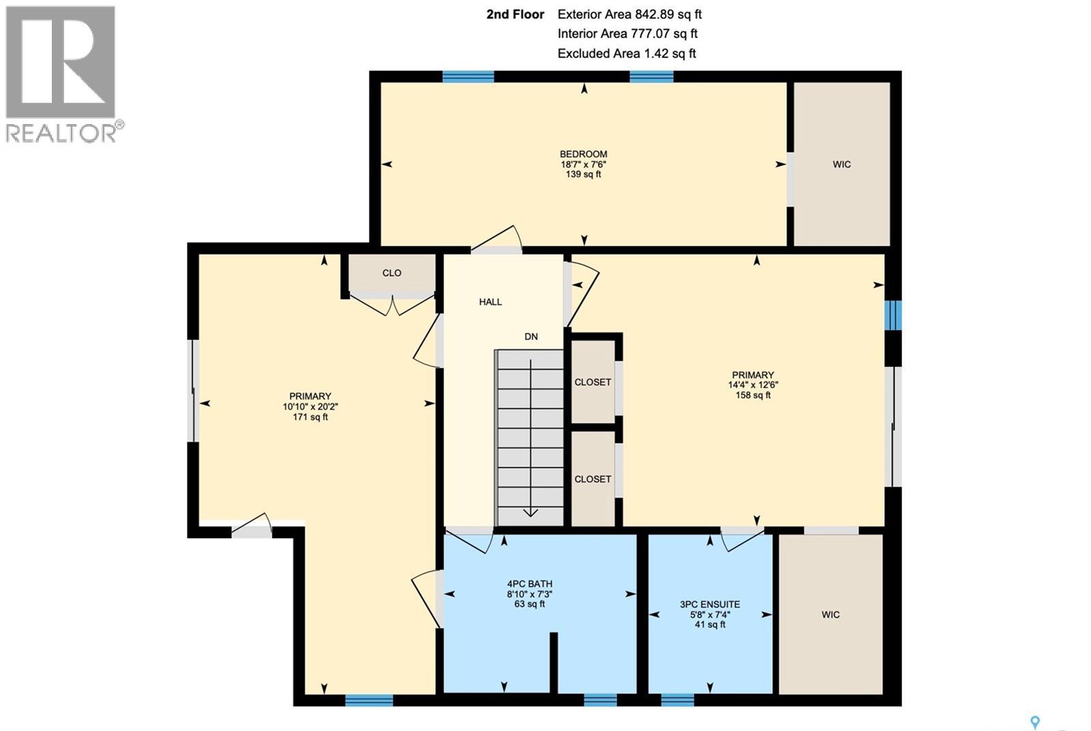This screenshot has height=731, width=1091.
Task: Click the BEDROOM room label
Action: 583,154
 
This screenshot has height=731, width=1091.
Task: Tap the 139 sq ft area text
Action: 583,175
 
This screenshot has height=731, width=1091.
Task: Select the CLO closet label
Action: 391,273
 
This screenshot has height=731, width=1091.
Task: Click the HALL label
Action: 490,301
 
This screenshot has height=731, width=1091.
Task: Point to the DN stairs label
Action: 531,336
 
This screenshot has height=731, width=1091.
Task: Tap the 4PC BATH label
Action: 530,584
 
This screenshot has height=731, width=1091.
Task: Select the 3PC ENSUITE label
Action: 710,604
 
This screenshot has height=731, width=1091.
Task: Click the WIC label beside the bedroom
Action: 841,164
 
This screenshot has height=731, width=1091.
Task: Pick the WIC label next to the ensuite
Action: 831,614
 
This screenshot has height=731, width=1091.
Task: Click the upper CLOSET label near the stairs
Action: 593,382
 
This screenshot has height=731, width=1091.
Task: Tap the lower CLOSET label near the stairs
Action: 593,479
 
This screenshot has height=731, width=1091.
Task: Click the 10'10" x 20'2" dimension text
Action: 310,406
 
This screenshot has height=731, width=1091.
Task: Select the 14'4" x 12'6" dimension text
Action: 753,385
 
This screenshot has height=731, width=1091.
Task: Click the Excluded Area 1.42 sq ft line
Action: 626,53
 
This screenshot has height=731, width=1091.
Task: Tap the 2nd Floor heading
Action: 515,14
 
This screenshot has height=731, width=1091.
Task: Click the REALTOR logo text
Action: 61,132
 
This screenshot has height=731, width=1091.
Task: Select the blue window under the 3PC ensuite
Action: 677,700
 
